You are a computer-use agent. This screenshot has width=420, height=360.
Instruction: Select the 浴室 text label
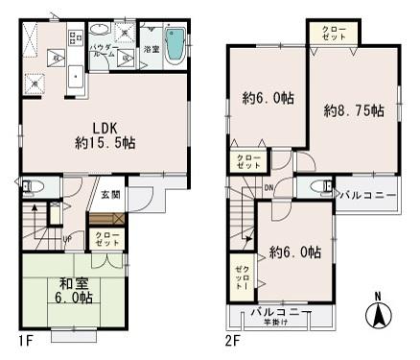[x=151, y=47]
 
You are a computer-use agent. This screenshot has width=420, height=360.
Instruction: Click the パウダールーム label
[x=103, y=51]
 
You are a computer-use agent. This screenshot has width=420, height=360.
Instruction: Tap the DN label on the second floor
[x=268, y=188]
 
